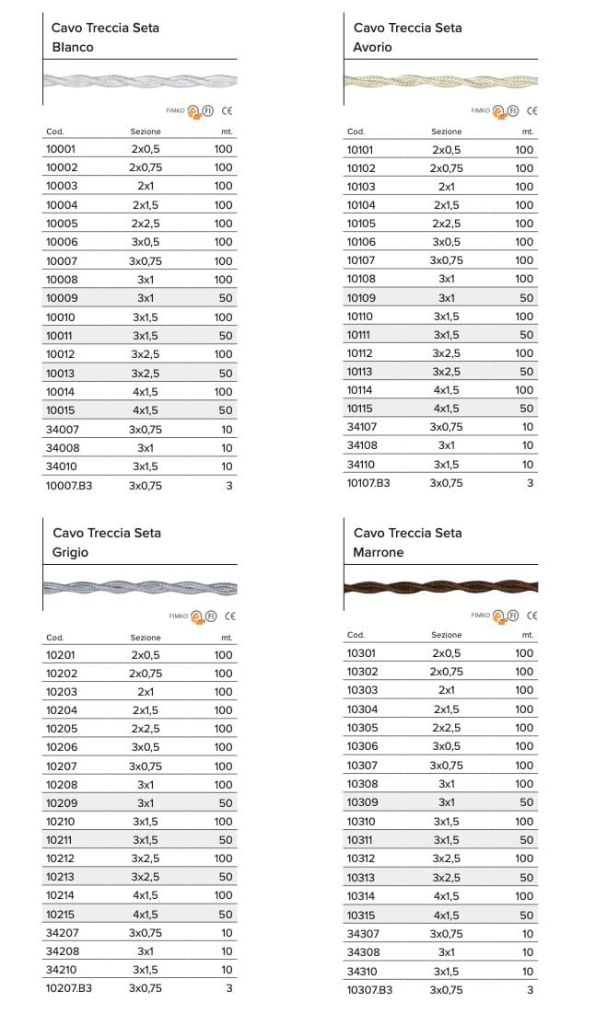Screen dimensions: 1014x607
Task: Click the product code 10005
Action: [61, 224]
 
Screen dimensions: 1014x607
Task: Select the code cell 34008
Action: [61, 447]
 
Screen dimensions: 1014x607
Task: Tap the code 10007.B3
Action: [69, 485]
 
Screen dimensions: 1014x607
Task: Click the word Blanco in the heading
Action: [73, 47]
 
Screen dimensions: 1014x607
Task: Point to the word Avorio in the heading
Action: [372, 47]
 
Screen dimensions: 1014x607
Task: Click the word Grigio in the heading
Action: [71, 552]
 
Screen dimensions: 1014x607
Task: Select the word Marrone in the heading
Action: [379, 552]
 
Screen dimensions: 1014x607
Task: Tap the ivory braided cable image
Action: [440, 80]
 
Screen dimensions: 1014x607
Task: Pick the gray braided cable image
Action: [140, 587]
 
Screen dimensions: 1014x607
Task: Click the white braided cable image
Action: [140, 81]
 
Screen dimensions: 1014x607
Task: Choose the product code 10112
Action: [360, 353]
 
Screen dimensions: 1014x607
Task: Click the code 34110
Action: [360, 465]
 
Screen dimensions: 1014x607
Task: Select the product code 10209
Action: [61, 803]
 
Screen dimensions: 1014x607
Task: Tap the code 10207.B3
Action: [69, 988]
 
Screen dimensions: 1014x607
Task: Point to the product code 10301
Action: [362, 653]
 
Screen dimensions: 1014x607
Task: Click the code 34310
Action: [362, 971]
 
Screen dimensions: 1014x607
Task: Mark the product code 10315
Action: [362, 916]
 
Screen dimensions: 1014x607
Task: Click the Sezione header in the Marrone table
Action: [447, 635]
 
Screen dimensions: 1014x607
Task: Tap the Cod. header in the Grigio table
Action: [54, 637]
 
